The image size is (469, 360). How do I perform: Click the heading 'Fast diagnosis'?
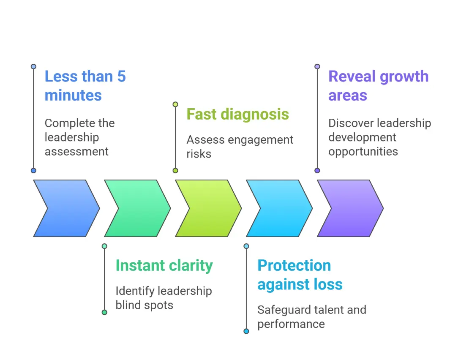tap(237, 114)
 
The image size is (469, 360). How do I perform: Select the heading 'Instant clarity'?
tap(164, 265)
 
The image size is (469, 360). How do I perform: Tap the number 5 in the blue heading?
tap(121, 76)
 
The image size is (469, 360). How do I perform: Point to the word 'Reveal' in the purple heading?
tap(352, 76)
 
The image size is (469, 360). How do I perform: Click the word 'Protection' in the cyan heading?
tap(294, 265)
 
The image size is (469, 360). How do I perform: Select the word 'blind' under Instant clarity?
tap(128, 305)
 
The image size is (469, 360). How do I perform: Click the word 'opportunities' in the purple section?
tap(363, 152)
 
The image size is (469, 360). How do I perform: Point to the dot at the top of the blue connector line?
tap(33, 67)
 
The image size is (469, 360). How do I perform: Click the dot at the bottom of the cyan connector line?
tap(246, 331)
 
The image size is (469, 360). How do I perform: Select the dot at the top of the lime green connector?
tap(175, 104)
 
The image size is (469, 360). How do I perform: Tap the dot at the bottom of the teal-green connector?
tap(104, 312)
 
